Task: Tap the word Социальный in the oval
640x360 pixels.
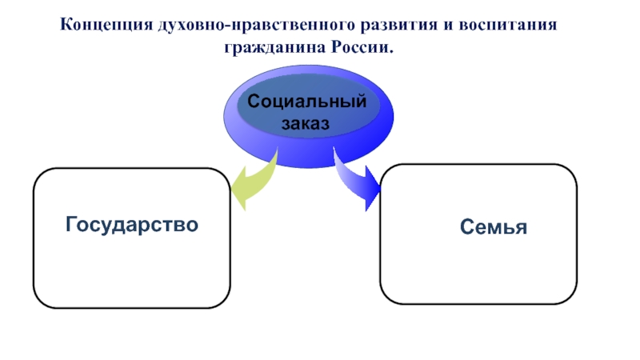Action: pyautogui.click(x=306, y=102)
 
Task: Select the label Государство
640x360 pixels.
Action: pyautogui.click(x=132, y=225)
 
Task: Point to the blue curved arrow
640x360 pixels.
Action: pyautogui.click(x=358, y=182)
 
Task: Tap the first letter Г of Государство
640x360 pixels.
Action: pyautogui.click(x=71, y=225)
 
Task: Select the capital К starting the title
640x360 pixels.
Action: pyautogui.click(x=67, y=26)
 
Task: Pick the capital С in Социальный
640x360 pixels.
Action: pyautogui.click(x=253, y=102)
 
